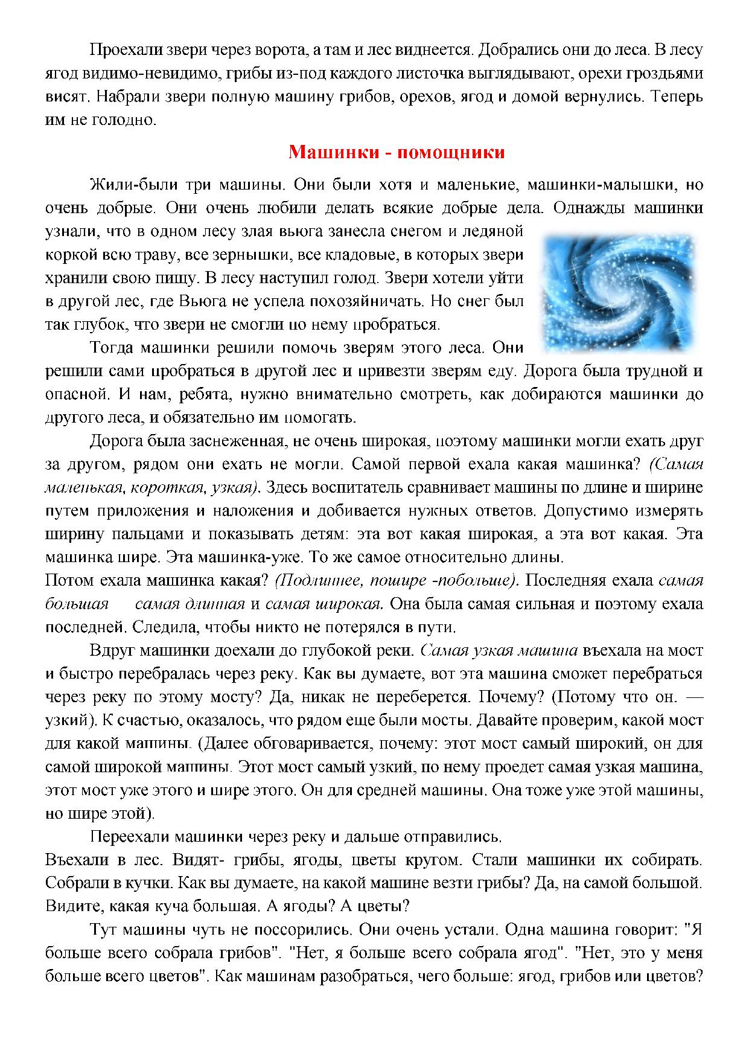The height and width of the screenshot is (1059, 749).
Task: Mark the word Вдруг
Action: point(112,650)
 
